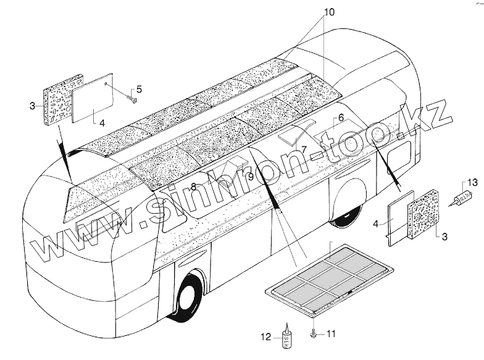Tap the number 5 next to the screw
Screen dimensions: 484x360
point(139,90)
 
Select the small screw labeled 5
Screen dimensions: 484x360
point(131,98)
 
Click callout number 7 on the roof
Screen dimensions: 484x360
point(304,148)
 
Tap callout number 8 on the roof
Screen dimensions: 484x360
point(193,186)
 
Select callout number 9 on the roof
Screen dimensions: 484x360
point(251,177)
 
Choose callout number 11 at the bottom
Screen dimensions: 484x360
point(331,334)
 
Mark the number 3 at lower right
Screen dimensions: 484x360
point(443,236)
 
